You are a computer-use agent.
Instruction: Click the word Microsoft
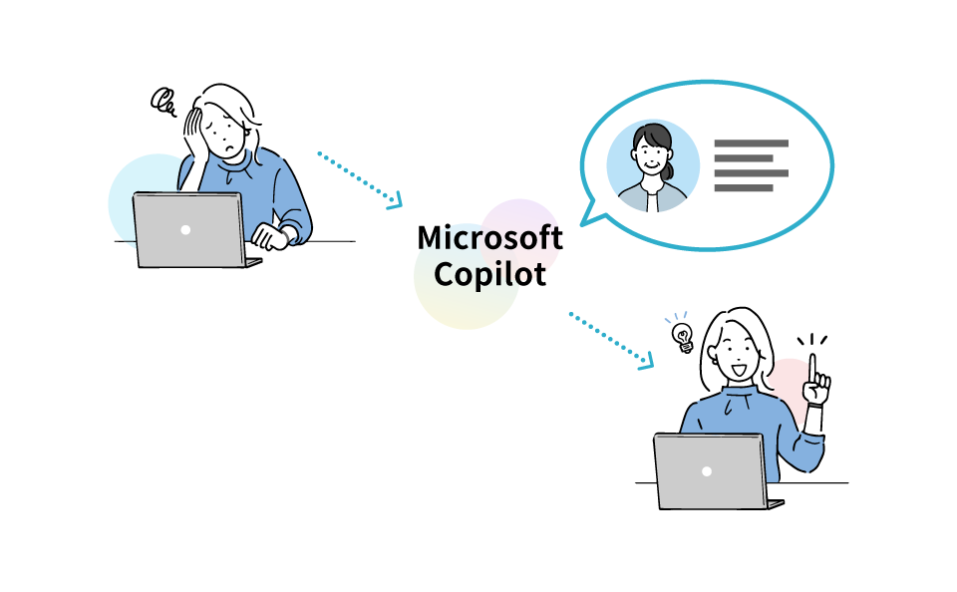coord(489,238)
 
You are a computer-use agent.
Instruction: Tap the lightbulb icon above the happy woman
coord(682,335)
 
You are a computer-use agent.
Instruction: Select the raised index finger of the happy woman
coord(812,368)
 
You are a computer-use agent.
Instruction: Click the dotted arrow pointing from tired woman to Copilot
coord(359,179)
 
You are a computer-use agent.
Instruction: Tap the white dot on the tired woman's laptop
coord(185,229)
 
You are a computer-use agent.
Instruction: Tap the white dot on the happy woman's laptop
coord(706,470)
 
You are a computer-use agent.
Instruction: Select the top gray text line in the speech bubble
coord(751,144)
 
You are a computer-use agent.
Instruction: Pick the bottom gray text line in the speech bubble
coord(744,187)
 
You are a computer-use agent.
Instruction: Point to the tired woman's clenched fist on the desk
coord(270,236)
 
